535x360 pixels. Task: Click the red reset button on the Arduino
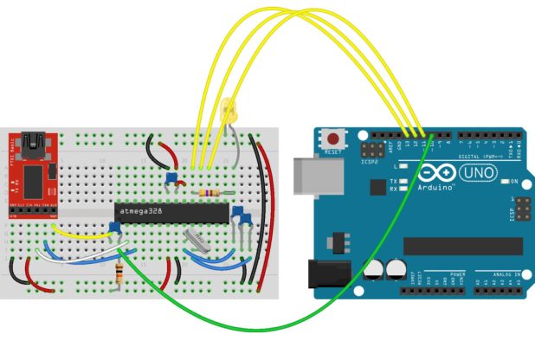[x=333, y=137]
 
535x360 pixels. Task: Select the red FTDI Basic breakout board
[x=34, y=173]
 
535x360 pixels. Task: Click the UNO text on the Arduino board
[x=477, y=173]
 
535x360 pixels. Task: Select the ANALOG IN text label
[x=507, y=273]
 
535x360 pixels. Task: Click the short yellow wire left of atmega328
[x=82, y=234]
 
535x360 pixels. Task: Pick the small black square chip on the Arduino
[x=377, y=186]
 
